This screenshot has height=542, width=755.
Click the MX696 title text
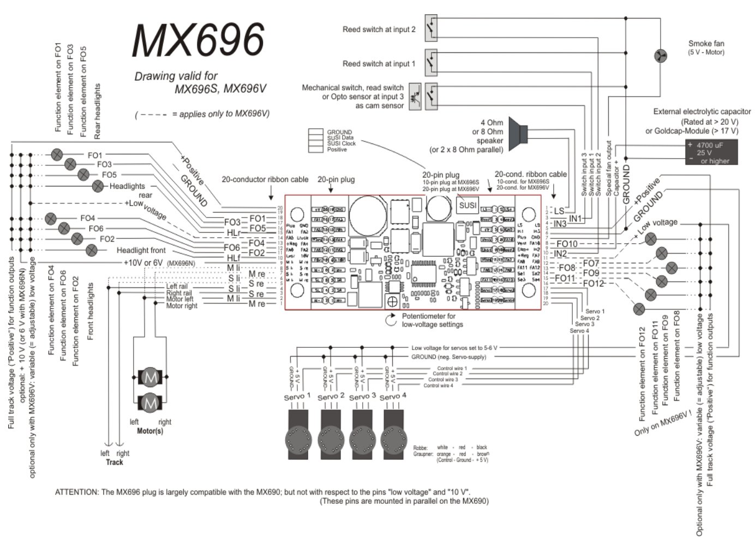click(x=198, y=40)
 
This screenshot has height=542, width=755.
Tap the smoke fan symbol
click(x=660, y=56)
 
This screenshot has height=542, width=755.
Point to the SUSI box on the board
click(x=468, y=206)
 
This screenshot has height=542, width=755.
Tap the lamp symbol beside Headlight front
click(x=91, y=250)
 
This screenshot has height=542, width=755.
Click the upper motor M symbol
click(x=149, y=377)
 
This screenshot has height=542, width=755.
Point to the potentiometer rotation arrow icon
click(x=391, y=320)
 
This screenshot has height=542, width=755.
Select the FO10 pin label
click(x=567, y=244)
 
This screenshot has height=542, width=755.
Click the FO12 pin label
click(x=593, y=283)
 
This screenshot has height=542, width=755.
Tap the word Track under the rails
click(x=115, y=462)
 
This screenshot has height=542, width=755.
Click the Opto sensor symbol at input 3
click(x=415, y=97)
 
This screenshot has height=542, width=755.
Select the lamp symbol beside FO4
click(x=50, y=218)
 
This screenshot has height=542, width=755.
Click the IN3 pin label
click(x=560, y=224)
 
